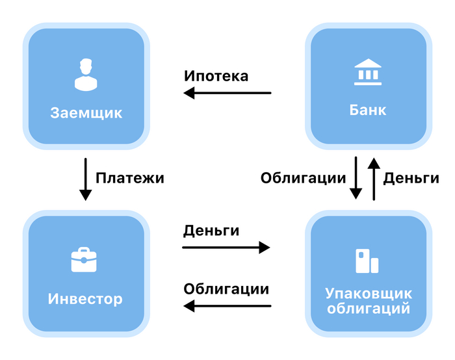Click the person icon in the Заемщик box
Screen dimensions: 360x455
[x=86, y=74]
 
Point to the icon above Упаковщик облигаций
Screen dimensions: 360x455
[x=367, y=261]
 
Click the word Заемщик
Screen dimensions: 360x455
[x=86, y=113]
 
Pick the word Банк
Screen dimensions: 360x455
[x=368, y=110]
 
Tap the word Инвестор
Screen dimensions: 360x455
[x=85, y=300]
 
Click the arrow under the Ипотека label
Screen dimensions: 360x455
[x=227, y=94]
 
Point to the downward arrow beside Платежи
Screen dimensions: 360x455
[x=86, y=178]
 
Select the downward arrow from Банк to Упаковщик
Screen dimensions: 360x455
[x=356, y=177]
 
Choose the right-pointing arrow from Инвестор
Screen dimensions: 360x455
[x=226, y=247]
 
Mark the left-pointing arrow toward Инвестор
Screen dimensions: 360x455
[x=227, y=305]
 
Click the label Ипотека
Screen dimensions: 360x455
[x=216, y=76]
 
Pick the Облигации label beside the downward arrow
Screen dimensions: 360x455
[x=302, y=179]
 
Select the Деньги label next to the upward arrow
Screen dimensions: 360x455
[x=411, y=178]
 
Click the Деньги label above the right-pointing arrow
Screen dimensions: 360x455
[x=211, y=231]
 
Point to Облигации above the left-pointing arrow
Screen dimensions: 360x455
[x=226, y=289]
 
